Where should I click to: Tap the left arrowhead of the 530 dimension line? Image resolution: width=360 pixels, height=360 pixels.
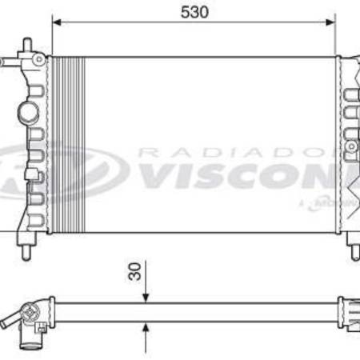tap(56, 23)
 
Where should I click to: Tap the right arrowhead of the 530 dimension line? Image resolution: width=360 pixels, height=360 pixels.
tap(330, 23)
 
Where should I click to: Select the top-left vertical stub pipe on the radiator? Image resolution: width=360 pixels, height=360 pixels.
tap(27, 46)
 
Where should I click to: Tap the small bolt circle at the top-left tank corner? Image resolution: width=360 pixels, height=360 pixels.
tap(36, 61)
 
